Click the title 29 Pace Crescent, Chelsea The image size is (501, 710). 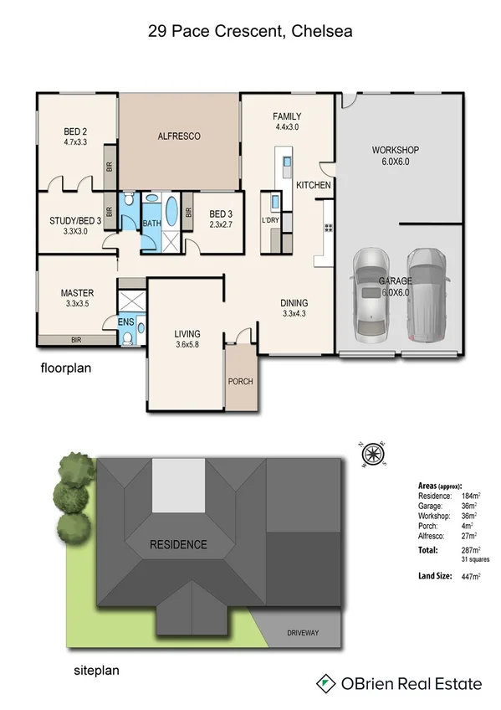pos(250,32)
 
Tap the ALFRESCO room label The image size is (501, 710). pos(179,136)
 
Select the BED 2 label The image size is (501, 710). pos(76,131)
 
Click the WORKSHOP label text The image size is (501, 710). pos(395,151)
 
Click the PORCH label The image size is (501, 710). pos(240,382)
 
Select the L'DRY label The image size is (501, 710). pos(270,220)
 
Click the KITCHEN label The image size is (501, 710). pos(314,185)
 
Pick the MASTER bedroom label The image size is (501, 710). pos(77,293)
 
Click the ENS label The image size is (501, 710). pos(125,321)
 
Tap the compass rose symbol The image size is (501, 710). pos(373,455)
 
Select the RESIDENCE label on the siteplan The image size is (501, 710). pos(178,545)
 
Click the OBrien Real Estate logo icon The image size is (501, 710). pos(325,684)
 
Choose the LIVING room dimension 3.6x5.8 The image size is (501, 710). pos(187,344)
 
